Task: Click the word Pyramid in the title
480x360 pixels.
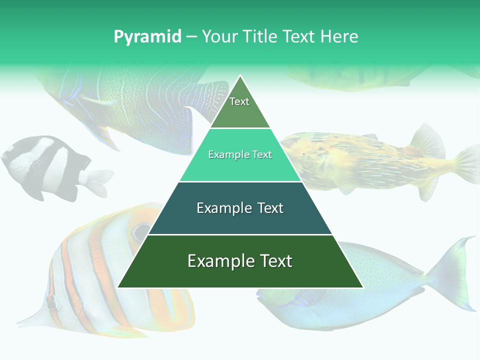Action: tap(147, 37)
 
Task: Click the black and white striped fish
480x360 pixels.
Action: tap(45, 165)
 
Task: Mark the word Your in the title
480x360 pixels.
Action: tap(220, 37)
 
